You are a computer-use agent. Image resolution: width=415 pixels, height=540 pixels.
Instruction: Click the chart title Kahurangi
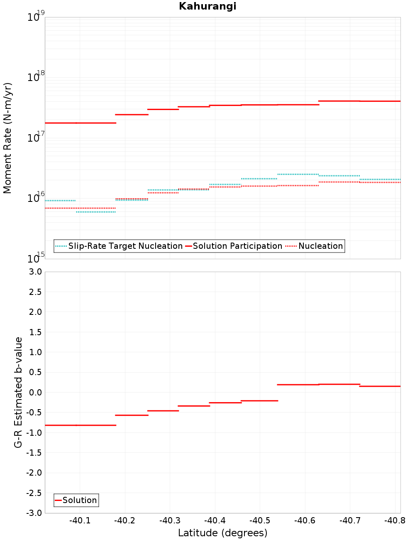click(x=207, y=6)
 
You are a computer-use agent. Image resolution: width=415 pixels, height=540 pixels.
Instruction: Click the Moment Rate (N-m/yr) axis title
click(x=7, y=138)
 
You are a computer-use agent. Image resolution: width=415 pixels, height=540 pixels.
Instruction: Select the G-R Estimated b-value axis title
click(x=18, y=392)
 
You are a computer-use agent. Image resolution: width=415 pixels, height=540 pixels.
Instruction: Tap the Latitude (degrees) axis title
click(x=222, y=533)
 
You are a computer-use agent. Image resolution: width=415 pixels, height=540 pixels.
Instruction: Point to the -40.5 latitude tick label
click(x=259, y=521)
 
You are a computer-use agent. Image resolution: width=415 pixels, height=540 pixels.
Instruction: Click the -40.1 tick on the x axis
click(x=80, y=521)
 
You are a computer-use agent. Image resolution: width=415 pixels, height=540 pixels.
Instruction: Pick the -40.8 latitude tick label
click(x=394, y=521)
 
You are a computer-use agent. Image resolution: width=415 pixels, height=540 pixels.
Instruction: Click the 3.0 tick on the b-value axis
click(x=35, y=272)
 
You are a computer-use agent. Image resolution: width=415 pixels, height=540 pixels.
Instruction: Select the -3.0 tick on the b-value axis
click(x=34, y=513)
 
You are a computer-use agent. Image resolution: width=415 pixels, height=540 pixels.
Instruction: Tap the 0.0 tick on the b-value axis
click(x=35, y=393)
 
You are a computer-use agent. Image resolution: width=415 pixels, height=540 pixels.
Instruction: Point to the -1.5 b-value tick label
click(x=34, y=453)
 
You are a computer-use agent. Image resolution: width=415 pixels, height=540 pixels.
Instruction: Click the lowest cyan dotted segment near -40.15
click(x=96, y=212)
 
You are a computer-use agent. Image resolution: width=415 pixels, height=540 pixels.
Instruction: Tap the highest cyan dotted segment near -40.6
click(x=298, y=174)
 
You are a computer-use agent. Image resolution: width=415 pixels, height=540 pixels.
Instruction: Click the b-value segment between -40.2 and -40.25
click(x=132, y=415)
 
